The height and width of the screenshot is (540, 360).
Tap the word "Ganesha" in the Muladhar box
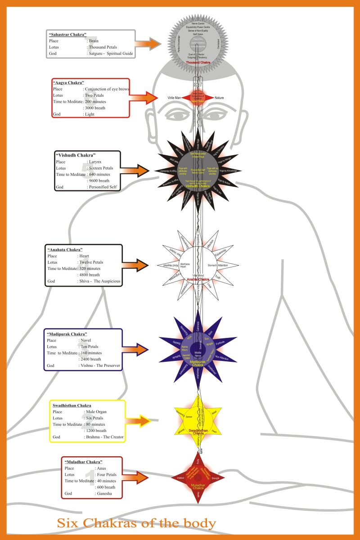coord(92,494)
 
